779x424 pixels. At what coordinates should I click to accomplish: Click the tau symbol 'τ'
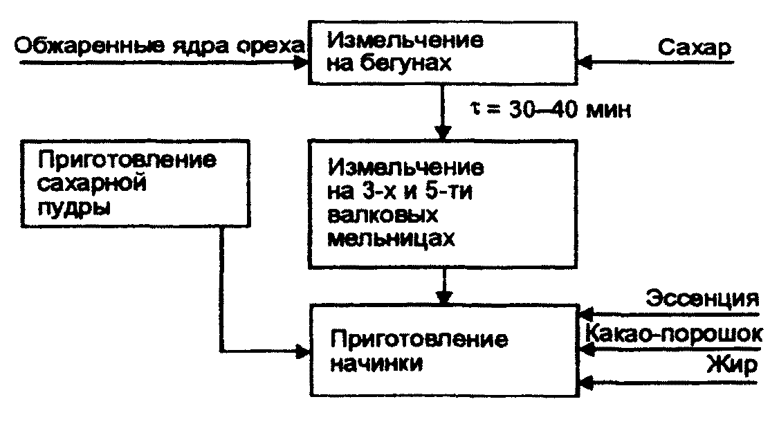474,109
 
